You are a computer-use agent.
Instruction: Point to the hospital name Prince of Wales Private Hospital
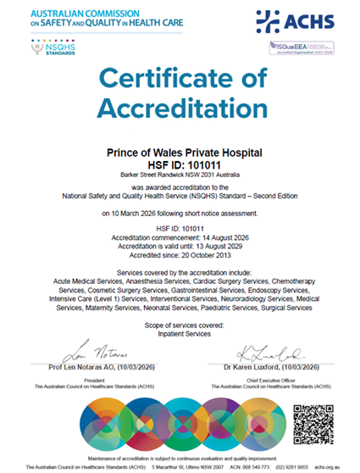(180, 153)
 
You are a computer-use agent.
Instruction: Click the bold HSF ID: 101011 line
(180, 165)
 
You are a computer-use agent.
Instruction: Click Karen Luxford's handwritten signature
(258, 350)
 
